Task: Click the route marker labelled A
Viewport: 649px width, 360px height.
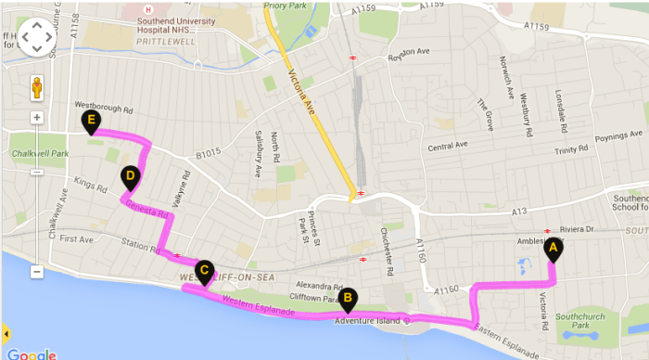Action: [x=554, y=248]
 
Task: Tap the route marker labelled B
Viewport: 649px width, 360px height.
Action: [x=348, y=299]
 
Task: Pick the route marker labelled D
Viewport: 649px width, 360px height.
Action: [x=131, y=176]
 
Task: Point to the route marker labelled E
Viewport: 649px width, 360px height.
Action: [x=91, y=122]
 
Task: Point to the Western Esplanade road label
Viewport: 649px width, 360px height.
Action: [x=260, y=306]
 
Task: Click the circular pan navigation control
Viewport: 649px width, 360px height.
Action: [x=37, y=37]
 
